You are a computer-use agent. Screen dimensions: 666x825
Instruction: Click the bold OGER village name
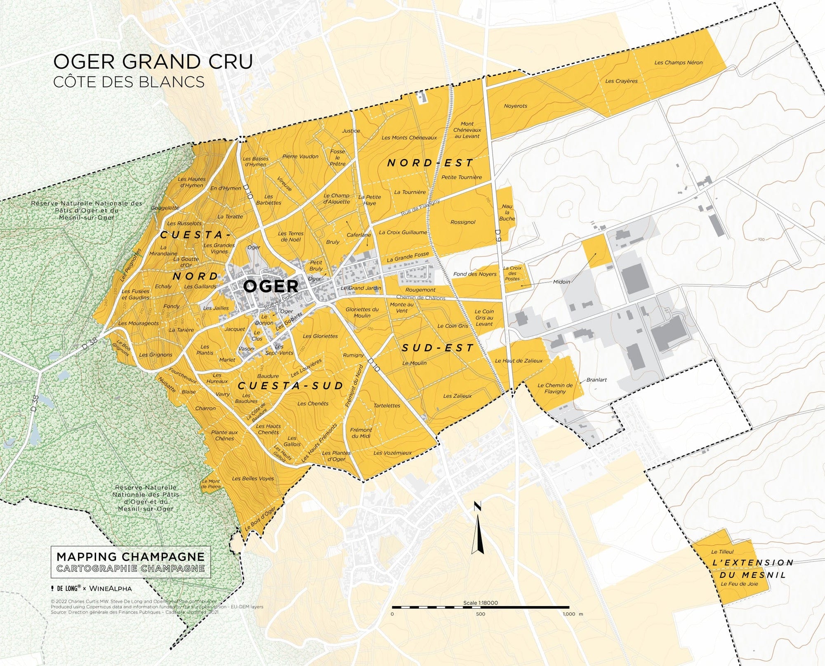click(271, 286)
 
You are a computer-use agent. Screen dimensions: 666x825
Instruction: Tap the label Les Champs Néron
click(678, 63)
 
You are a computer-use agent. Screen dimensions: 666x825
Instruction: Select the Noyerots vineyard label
click(515, 106)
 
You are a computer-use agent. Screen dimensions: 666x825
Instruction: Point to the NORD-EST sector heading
click(430, 163)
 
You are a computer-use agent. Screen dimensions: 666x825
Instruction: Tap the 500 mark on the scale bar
click(481, 614)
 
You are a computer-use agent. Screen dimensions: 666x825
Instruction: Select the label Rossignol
click(463, 222)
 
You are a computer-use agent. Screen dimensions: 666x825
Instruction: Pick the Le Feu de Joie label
click(739, 584)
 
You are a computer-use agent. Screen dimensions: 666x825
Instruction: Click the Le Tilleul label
click(722, 552)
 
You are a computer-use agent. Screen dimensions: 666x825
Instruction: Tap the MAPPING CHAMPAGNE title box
click(130, 562)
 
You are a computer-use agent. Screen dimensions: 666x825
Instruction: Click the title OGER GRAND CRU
click(153, 62)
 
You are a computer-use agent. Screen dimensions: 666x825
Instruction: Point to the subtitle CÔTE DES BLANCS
click(129, 82)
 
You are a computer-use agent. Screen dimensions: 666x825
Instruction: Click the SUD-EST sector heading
click(438, 348)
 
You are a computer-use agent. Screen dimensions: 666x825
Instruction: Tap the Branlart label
click(596, 380)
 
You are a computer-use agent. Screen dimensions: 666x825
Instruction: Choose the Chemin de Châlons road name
click(420, 298)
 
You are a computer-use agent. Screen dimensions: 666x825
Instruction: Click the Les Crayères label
click(621, 81)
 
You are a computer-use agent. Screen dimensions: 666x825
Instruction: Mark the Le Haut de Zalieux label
click(519, 361)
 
